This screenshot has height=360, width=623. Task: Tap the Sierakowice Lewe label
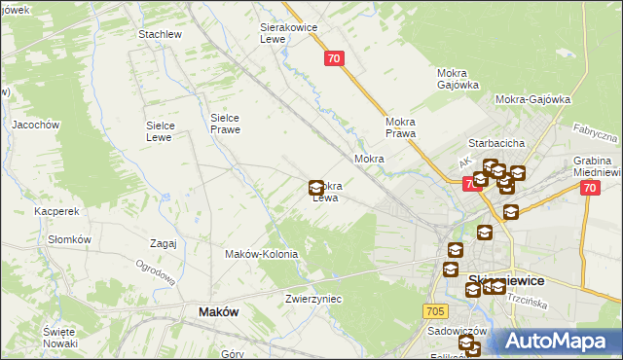pyautogui.click(x=289, y=33)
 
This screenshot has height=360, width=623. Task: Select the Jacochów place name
pyautogui.click(x=36, y=125)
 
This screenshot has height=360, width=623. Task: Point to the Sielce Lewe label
pyautogui.click(x=160, y=130)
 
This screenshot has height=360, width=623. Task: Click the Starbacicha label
pyautogui.click(x=497, y=143)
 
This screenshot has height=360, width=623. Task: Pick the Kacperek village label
pyautogui.click(x=55, y=210)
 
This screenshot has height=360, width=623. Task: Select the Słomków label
pyautogui.click(x=69, y=239)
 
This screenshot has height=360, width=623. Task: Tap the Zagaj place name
pyautogui.click(x=163, y=243)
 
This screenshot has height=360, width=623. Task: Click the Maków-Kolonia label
pyautogui.click(x=261, y=254)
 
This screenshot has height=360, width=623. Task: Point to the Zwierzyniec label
pyautogui.click(x=313, y=299)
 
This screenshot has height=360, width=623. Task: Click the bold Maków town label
pyautogui.click(x=219, y=311)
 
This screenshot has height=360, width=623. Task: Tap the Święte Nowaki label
pyautogui.click(x=59, y=338)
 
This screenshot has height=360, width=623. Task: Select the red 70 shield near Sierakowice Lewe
pyautogui.click(x=334, y=59)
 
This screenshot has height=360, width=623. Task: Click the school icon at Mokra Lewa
pyautogui.click(x=316, y=187)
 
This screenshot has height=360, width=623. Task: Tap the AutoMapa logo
pyautogui.click(x=554, y=341)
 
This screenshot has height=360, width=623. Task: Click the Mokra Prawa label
pyautogui.click(x=401, y=126)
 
